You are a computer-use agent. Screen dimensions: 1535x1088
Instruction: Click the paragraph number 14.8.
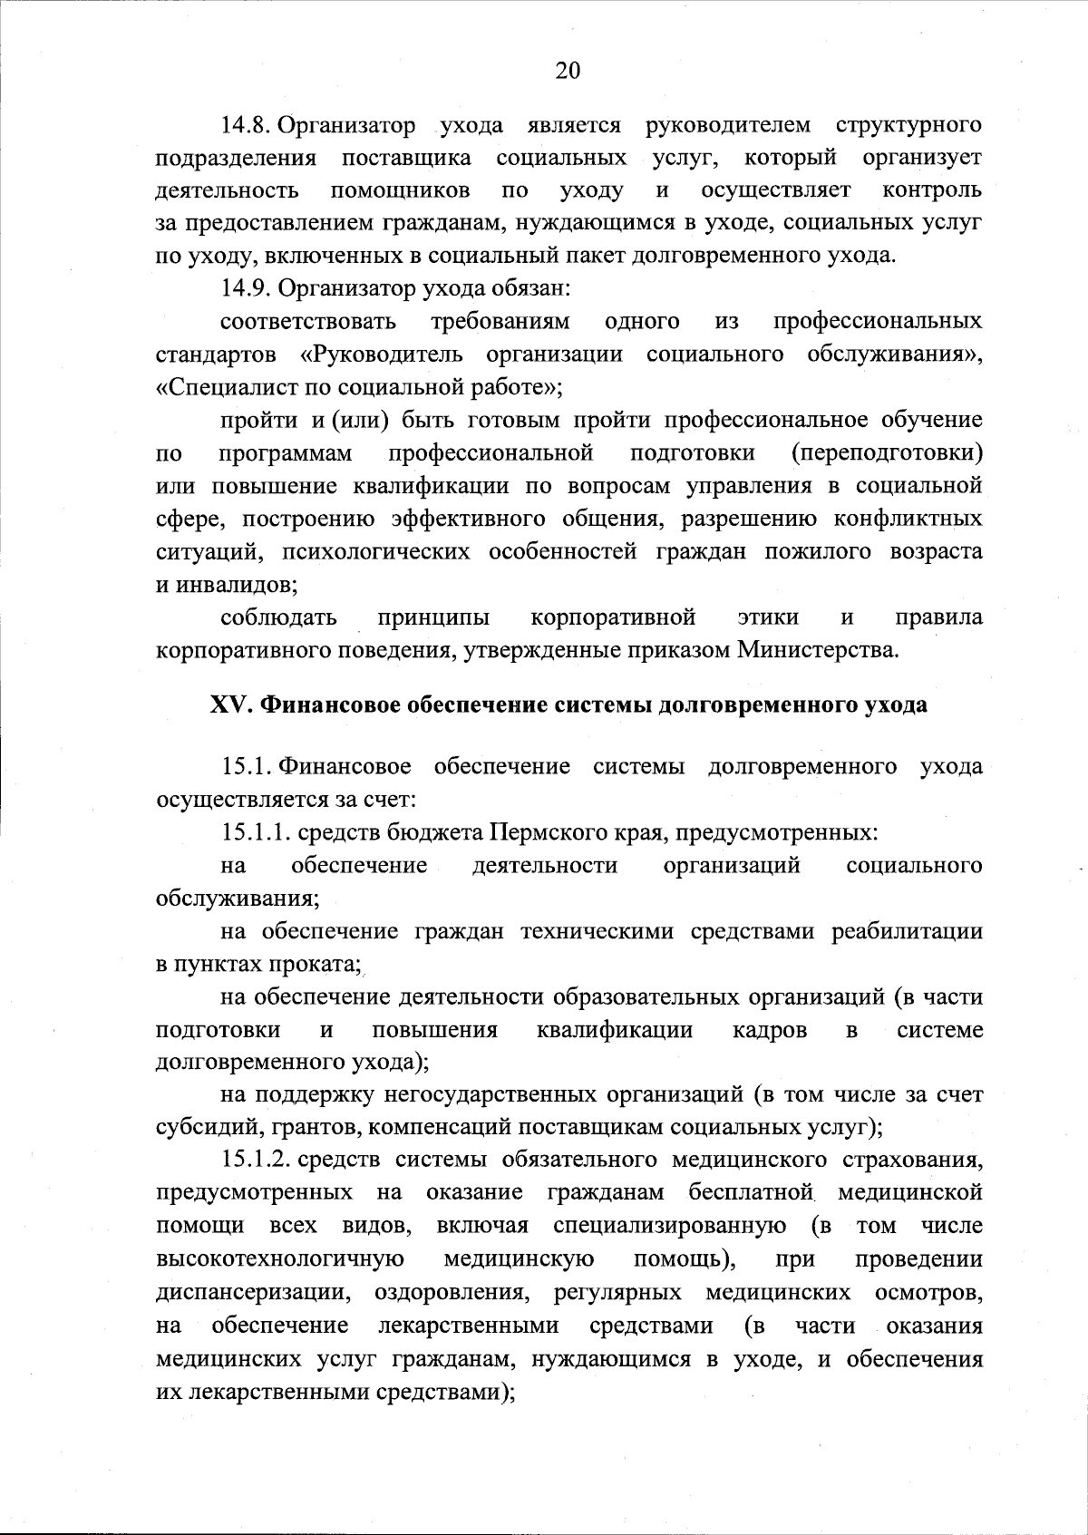coord(246,124)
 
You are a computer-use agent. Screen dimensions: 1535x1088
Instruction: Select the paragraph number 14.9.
coord(246,288)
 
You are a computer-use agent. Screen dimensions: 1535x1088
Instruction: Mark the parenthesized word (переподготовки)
coord(887,452)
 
